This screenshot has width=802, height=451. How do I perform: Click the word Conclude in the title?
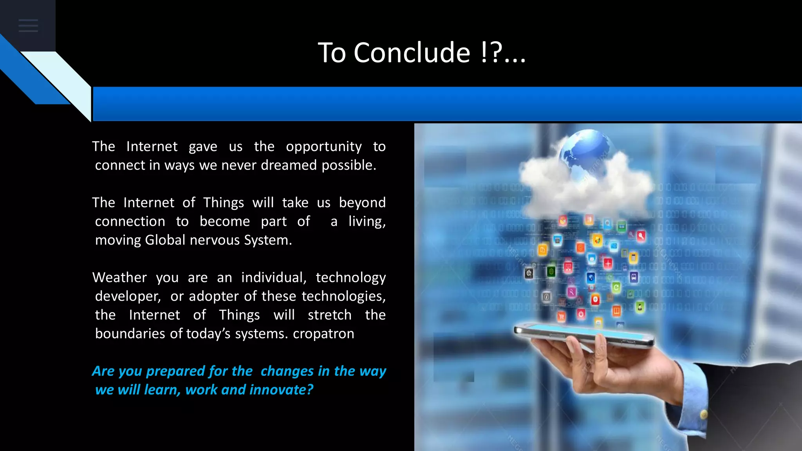tap(412, 53)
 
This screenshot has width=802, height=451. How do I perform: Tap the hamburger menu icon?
tap(28, 26)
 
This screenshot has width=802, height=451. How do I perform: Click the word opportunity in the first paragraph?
tap(323, 147)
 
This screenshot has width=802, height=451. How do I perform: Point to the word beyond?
tap(362, 203)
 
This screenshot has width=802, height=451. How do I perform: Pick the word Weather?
tap(119, 278)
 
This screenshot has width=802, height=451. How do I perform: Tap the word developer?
tap(128, 296)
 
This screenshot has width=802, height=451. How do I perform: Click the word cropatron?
tap(323, 334)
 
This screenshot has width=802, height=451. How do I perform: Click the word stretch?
tap(329, 315)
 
